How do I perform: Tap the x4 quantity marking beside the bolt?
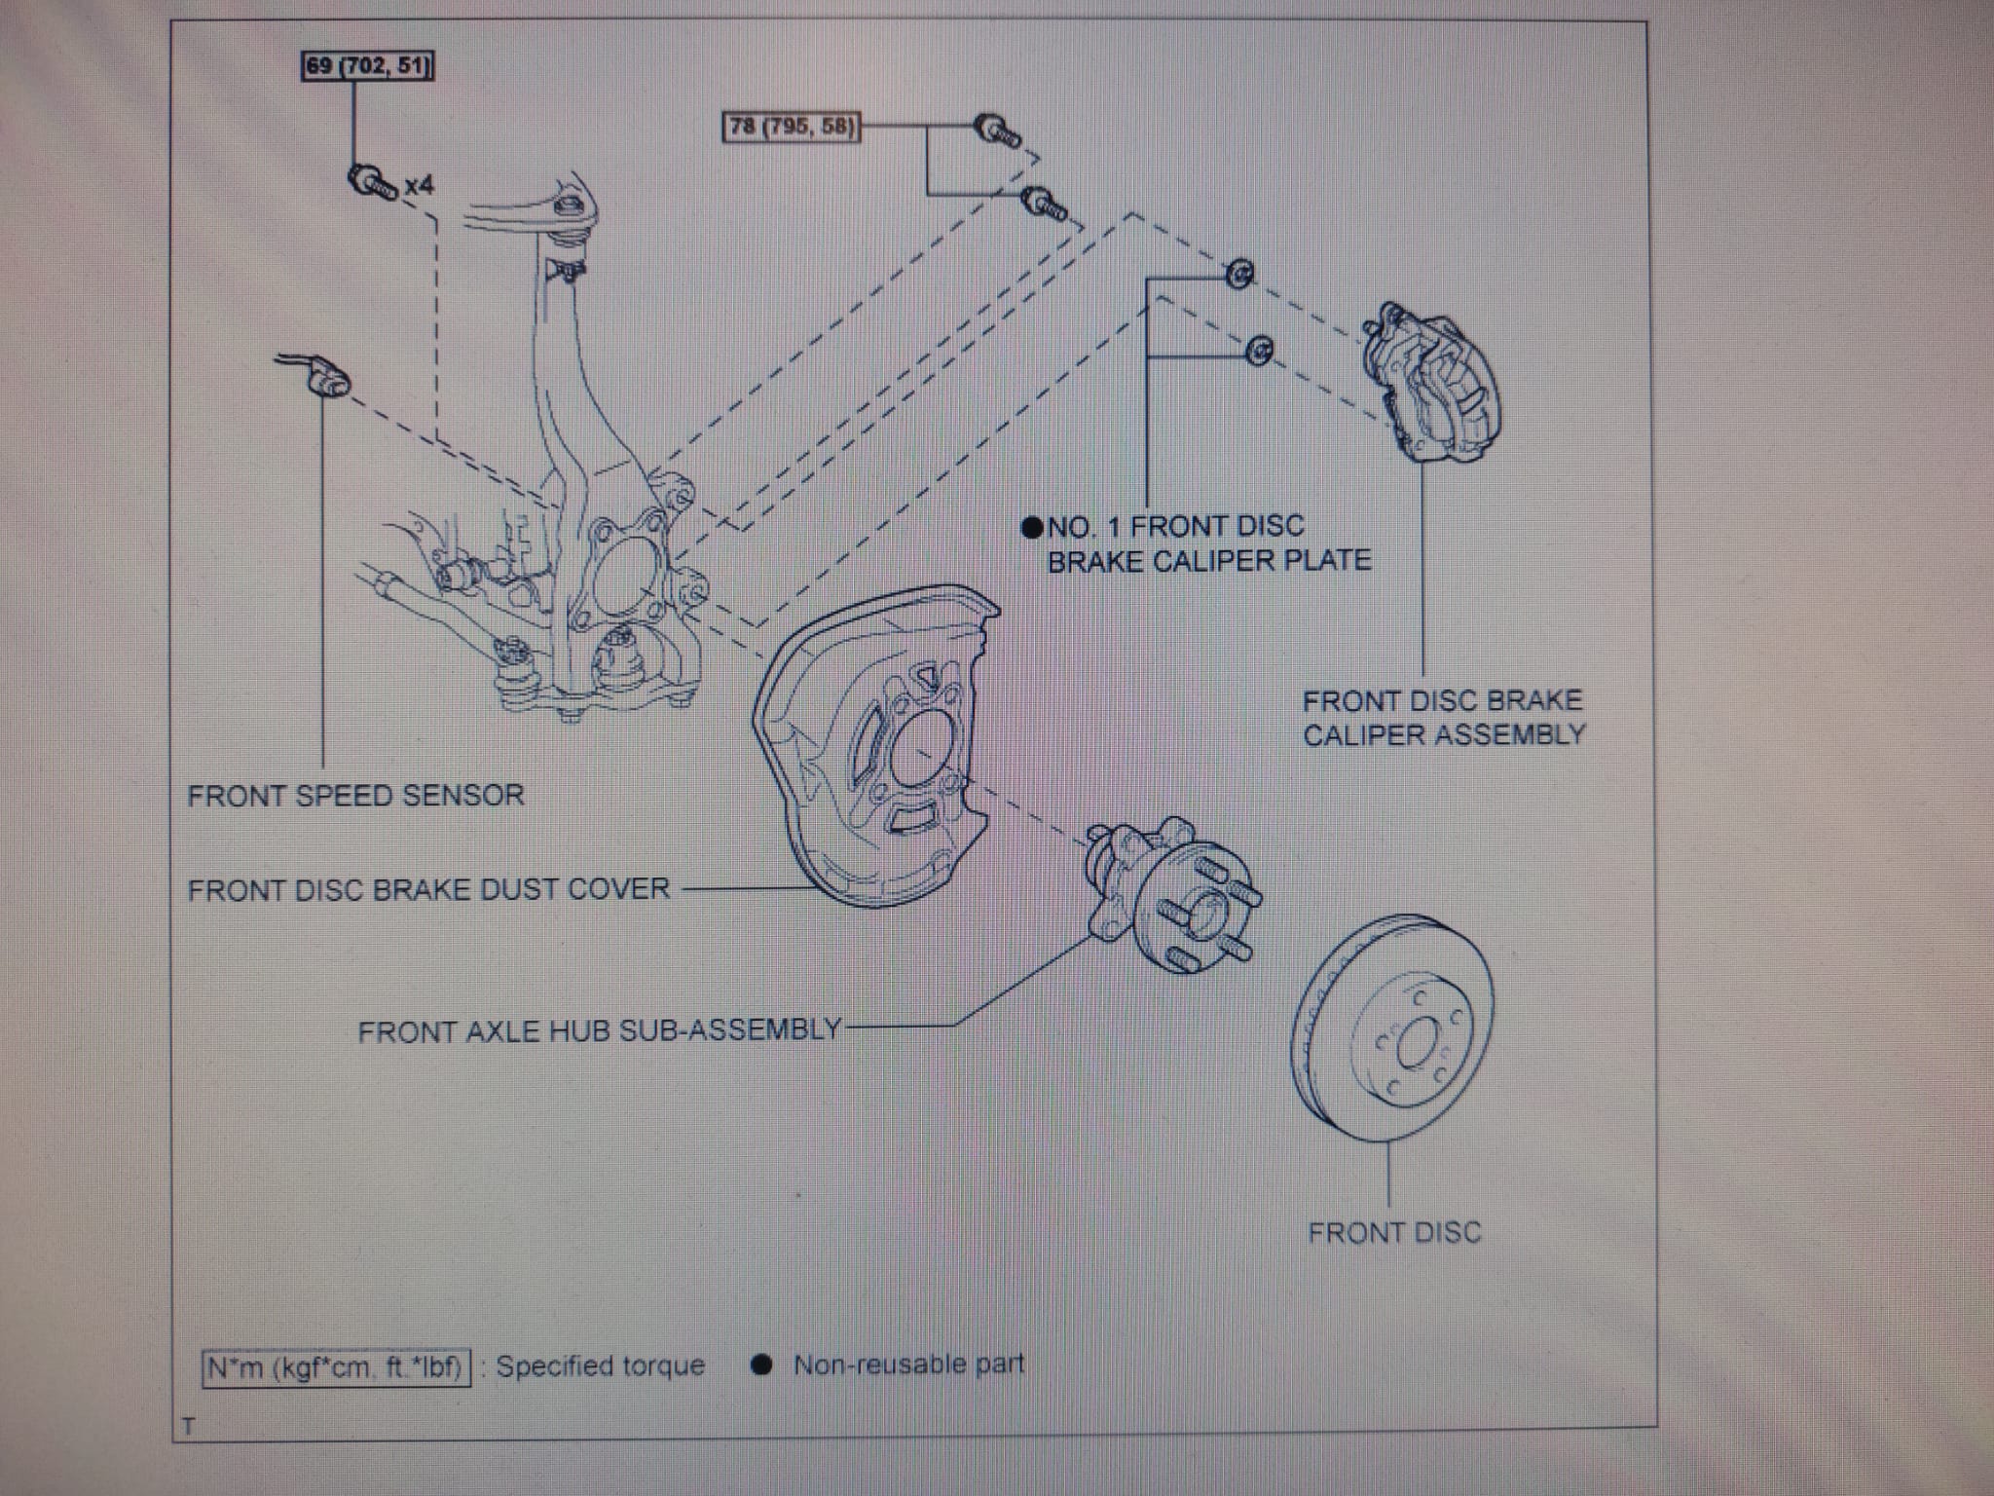[x=419, y=185]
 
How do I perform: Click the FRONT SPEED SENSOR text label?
[x=355, y=796]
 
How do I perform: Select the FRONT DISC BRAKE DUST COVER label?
[x=428, y=889]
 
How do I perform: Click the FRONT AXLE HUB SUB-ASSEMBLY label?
[x=599, y=1030]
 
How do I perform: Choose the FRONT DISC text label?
[x=1394, y=1233]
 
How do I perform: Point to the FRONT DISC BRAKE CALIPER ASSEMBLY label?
[x=1444, y=717]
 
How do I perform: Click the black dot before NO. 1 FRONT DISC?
[x=1032, y=528]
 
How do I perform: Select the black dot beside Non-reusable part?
[x=761, y=1365]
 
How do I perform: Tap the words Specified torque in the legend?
[x=600, y=1365]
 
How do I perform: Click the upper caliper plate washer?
[x=1239, y=276]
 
